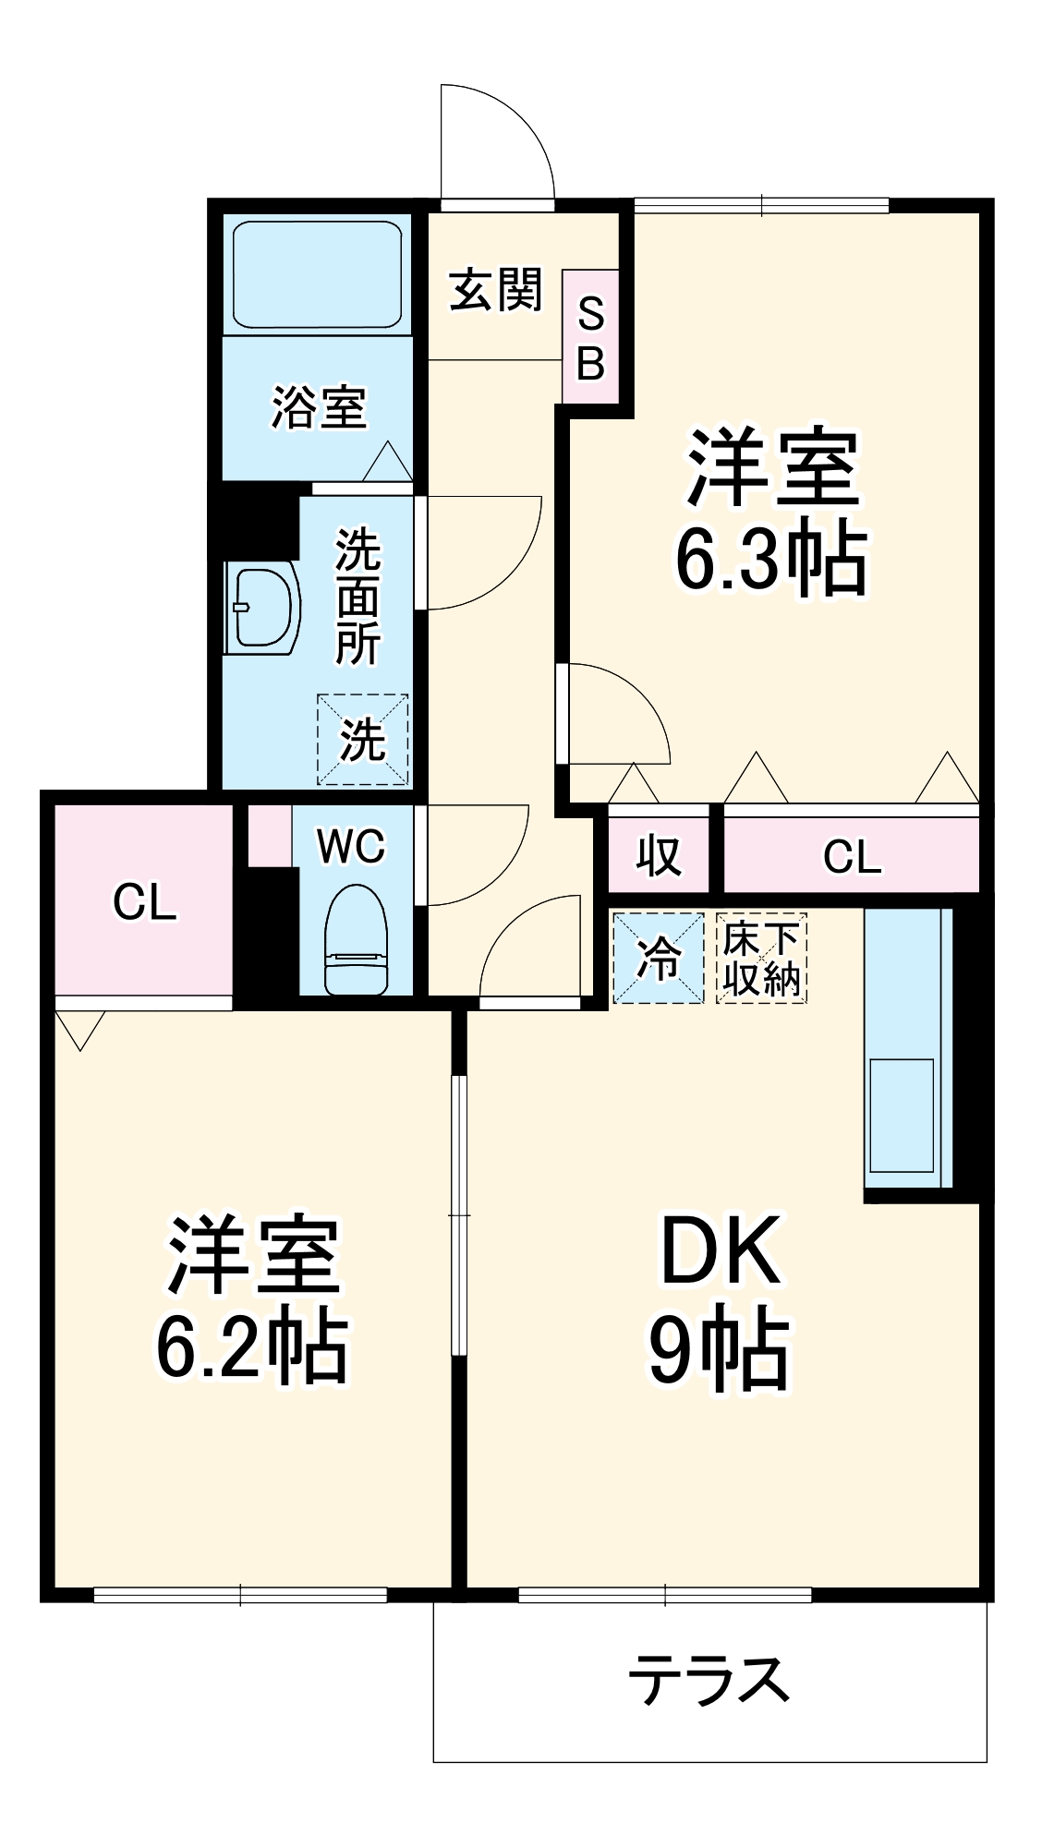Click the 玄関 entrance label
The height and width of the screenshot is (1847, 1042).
click(x=495, y=290)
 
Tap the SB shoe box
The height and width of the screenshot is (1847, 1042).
click(x=590, y=337)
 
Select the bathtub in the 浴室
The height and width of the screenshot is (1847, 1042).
click(x=318, y=274)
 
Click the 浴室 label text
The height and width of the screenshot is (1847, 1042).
click(x=319, y=407)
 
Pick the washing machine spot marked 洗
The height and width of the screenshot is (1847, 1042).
click(x=362, y=740)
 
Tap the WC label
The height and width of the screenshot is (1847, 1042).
click(x=351, y=846)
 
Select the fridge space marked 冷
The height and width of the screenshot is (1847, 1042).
click(x=658, y=958)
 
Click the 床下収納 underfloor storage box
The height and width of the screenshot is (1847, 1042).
click(x=761, y=958)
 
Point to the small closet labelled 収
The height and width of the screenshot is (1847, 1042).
click(x=658, y=855)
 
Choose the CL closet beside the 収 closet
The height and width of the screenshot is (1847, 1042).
click(x=851, y=856)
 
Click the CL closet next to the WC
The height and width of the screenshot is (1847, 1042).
click(x=144, y=901)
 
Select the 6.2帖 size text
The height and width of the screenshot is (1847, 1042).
click(x=252, y=1346)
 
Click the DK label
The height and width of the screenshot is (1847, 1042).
click(x=721, y=1251)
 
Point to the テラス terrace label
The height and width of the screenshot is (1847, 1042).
click(x=709, y=1680)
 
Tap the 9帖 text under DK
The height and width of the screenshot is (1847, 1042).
click(x=720, y=1350)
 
